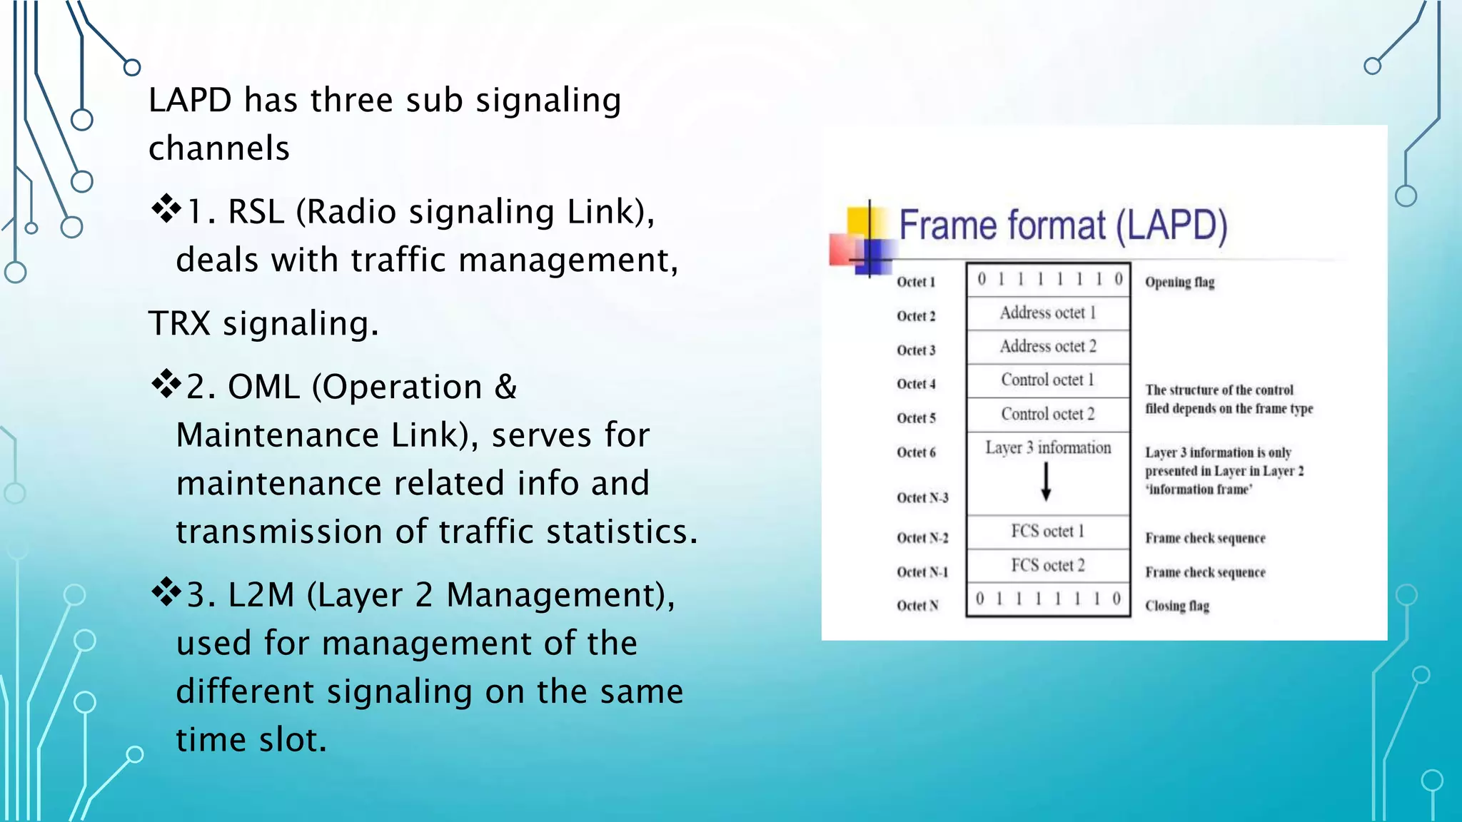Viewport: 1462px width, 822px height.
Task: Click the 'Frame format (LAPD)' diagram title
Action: click(1062, 225)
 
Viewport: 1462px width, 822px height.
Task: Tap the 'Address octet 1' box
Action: click(1047, 313)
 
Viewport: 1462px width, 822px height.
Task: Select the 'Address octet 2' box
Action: click(1047, 347)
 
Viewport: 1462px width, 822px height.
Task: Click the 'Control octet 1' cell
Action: click(1047, 380)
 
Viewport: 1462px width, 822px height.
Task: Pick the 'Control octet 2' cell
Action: click(1047, 415)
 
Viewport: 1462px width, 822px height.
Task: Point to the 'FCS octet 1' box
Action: click(1047, 532)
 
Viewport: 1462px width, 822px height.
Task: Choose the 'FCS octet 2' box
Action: click(1047, 566)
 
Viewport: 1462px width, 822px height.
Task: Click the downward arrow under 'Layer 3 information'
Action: click(1046, 482)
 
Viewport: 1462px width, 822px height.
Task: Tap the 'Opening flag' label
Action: click(1179, 282)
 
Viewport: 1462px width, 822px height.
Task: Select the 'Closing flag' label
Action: click(1177, 606)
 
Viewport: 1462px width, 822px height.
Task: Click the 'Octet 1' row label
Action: click(916, 282)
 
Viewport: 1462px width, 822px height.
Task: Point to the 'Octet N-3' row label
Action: click(922, 498)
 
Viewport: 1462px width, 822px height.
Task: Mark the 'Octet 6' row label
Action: click(916, 452)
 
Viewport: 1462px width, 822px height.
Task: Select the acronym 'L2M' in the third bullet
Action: click(261, 595)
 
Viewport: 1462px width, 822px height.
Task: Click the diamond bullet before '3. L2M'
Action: click(166, 592)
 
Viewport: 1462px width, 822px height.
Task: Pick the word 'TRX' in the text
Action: click(179, 323)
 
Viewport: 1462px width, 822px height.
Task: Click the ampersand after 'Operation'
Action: click(505, 387)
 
